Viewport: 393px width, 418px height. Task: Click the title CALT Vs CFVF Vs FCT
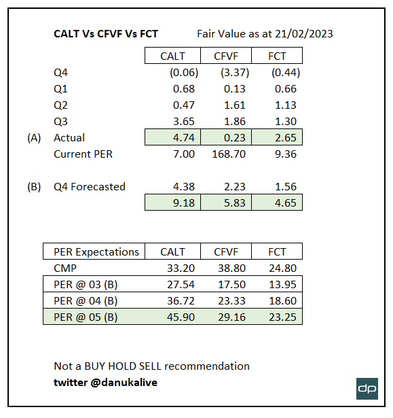point(105,33)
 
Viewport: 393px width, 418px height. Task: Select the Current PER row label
point(83,154)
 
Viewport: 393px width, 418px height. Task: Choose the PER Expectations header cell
point(96,251)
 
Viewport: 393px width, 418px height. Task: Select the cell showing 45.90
point(181,317)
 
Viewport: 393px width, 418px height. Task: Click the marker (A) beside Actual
point(34,137)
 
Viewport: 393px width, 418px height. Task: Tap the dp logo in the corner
point(367,387)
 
